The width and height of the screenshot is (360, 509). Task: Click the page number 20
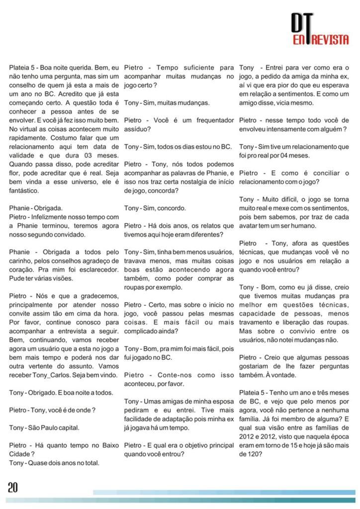click(x=13, y=488)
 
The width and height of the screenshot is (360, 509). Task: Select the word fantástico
click(x=24, y=190)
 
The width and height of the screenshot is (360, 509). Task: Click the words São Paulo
click(x=47, y=427)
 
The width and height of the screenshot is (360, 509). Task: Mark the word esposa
click(x=222, y=401)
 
